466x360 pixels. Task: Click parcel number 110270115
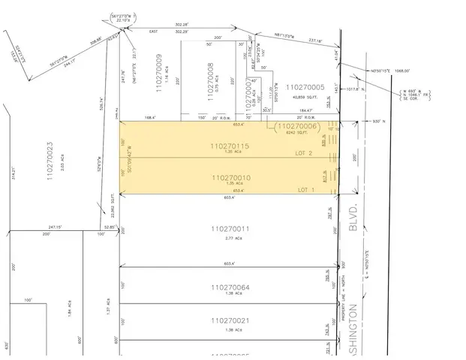point(230,145)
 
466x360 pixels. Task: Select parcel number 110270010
point(230,178)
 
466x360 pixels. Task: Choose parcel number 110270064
point(230,286)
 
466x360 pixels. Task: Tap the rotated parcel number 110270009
point(159,72)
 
